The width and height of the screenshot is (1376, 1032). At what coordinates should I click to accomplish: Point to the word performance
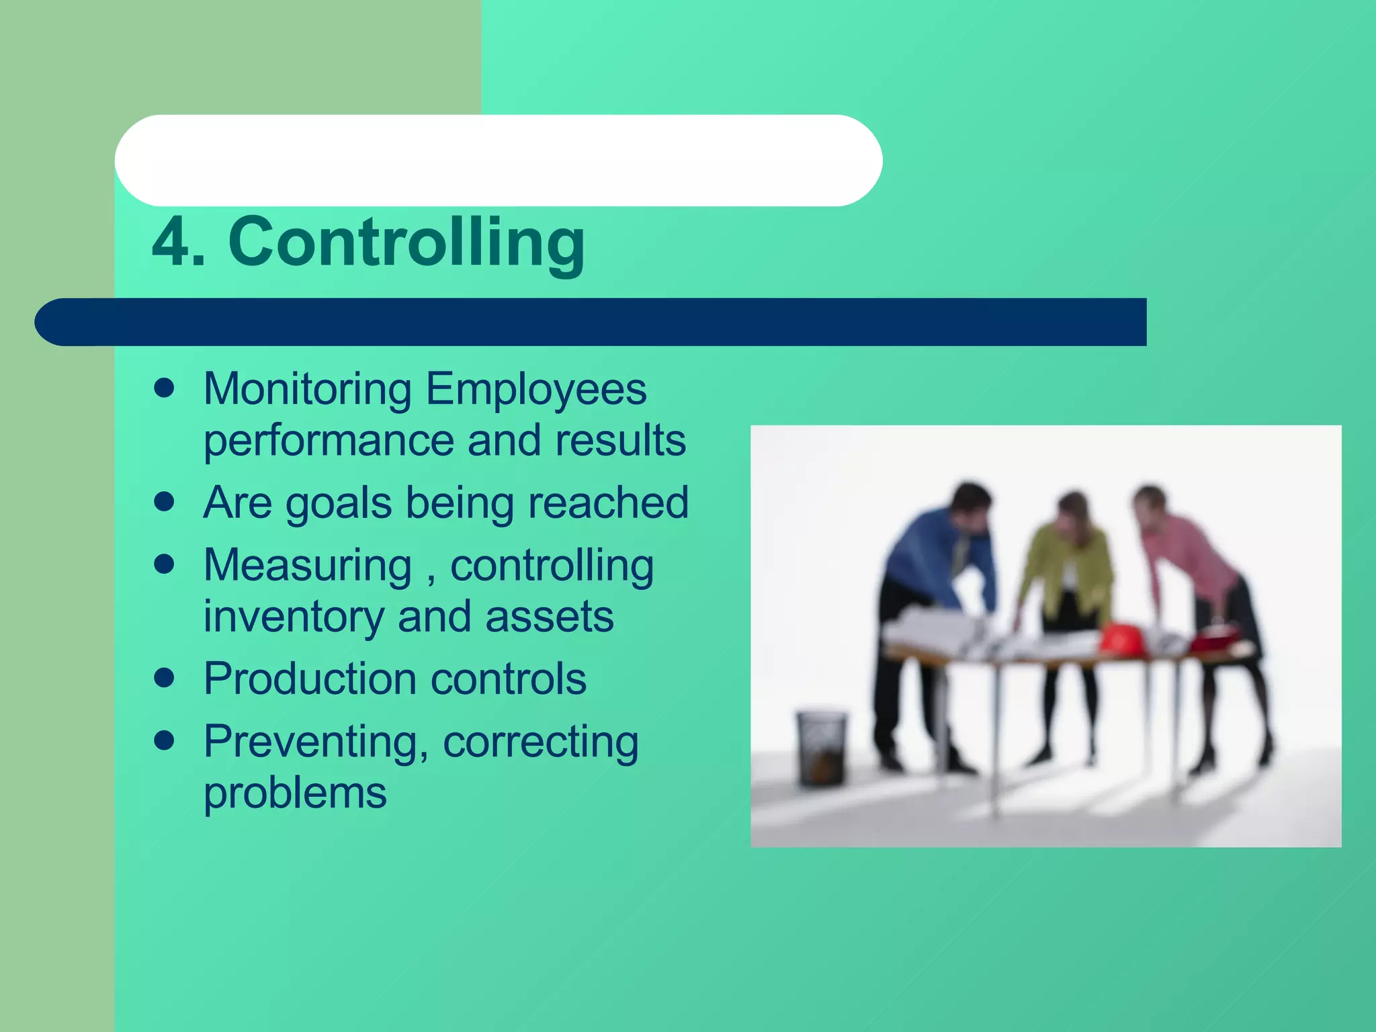[329, 442]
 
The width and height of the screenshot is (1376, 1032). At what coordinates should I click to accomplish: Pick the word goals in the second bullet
[339, 504]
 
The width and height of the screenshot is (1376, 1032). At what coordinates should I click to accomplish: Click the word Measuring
[308, 566]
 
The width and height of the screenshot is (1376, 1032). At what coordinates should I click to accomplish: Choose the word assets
[549, 617]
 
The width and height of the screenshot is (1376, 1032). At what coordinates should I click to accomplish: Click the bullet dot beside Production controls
[164, 678]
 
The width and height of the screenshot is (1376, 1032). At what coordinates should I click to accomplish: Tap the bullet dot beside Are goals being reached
[164, 501]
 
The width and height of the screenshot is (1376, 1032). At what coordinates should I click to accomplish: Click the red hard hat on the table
[1122, 638]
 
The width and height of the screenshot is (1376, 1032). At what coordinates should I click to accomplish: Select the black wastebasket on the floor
[821, 746]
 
